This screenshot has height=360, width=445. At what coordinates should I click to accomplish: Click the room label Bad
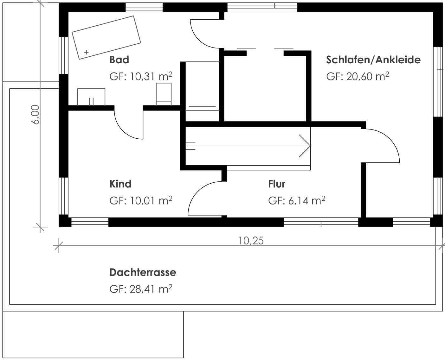[119, 60]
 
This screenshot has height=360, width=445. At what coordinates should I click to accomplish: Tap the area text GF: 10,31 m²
[141, 76]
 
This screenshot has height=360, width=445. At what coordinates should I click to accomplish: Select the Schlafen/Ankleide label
[373, 60]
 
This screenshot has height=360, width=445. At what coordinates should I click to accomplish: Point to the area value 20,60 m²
[367, 76]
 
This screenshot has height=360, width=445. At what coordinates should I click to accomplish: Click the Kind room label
[120, 184]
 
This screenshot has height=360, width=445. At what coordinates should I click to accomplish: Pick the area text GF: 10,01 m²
[141, 200]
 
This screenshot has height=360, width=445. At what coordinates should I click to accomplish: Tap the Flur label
[277, 184]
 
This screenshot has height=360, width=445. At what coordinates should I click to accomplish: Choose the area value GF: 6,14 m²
[297, 200]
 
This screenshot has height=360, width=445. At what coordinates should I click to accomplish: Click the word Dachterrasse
[143, 272]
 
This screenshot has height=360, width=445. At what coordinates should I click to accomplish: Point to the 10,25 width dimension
[251, 241]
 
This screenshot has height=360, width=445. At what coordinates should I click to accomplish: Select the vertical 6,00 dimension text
[35, 115]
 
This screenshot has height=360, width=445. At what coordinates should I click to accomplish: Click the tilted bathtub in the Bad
[106, 38]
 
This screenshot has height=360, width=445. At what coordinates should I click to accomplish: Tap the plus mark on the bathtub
[86, 52]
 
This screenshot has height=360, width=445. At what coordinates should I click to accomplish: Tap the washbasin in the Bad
[91, 97]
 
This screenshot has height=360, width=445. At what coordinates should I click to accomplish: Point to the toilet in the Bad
[164, 94]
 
